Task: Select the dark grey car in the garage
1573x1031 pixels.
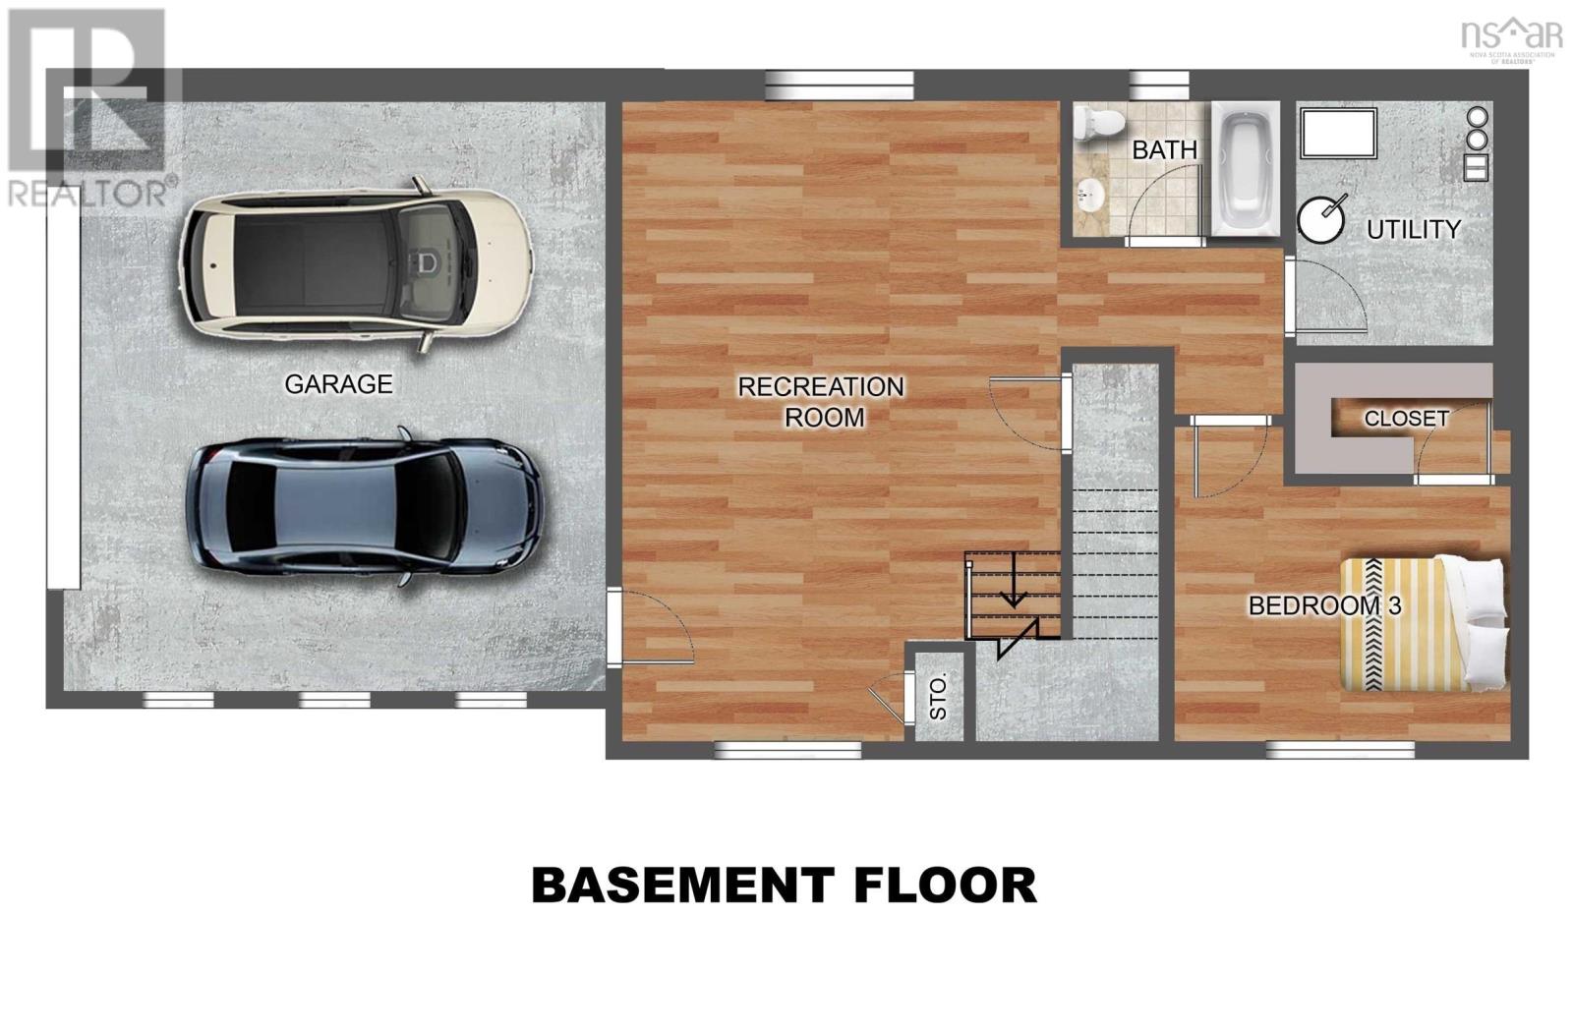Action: (x=364, y=506)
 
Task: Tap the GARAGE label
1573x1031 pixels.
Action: (x=338, y=384)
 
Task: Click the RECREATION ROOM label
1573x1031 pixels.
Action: (x=821, y=402)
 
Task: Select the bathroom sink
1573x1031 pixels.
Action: (x=1090, y=197)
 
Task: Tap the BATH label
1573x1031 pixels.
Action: (x=1164, y=150)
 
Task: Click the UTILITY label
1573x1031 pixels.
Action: (x=1414, y=230)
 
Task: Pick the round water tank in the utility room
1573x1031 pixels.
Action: (x=1320, y=219)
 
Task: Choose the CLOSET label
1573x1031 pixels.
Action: (x=1406, y=419)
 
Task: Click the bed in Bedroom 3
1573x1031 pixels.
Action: (x=1425, y=622)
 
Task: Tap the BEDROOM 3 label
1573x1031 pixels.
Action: (x=1324, y=605)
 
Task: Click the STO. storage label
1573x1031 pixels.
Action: (x=938, y=697)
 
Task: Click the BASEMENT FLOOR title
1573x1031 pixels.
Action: (x=784, y=885)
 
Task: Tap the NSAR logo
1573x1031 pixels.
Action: (x=1510, y=36)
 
